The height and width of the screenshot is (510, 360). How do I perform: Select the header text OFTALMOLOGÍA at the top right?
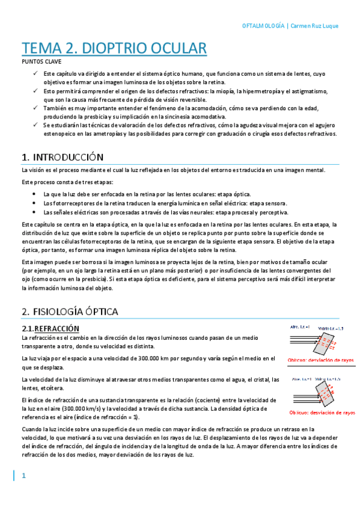tap(263, 26)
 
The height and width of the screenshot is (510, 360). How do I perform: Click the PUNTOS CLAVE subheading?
tap(40, 61)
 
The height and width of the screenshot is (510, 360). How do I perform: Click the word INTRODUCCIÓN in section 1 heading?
tap(68, 158)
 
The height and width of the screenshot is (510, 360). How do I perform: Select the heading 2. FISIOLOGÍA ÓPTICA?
tap(69, 312)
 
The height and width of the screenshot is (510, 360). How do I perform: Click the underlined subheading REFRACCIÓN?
tap(57, 328)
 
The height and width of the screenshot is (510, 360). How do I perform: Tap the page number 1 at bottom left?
tap(24, 476)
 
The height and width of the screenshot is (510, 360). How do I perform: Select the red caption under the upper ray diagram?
tap(321, 360)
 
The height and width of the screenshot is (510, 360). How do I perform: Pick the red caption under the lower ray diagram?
tap(322, 413)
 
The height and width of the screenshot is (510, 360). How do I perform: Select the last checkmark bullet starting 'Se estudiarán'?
tap(35, 124)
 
